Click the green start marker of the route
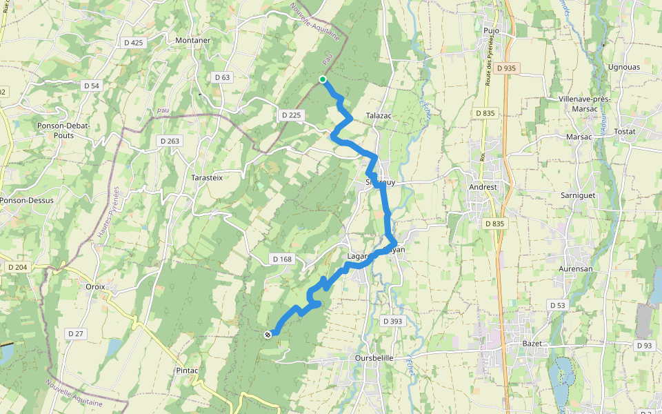[323, 79]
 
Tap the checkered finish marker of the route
[268, 335]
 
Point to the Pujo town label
[491, 31]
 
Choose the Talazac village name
[379, 116]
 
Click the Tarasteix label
[208, 177]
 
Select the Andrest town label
[483, 186]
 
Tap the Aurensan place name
[575, 268]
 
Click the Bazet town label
[533, 344]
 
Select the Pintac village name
[186, 371]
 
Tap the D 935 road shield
[505, 68]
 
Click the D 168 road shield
[282, 259]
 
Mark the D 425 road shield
[134, 43]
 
